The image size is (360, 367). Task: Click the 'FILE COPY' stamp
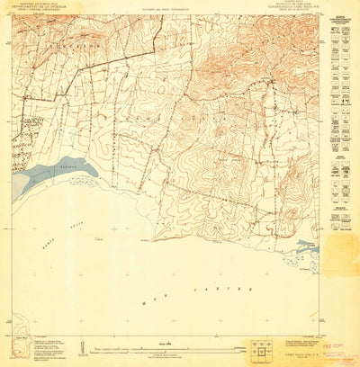335,343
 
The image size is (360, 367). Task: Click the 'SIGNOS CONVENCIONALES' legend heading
341,20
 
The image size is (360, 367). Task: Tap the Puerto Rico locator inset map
34,341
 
